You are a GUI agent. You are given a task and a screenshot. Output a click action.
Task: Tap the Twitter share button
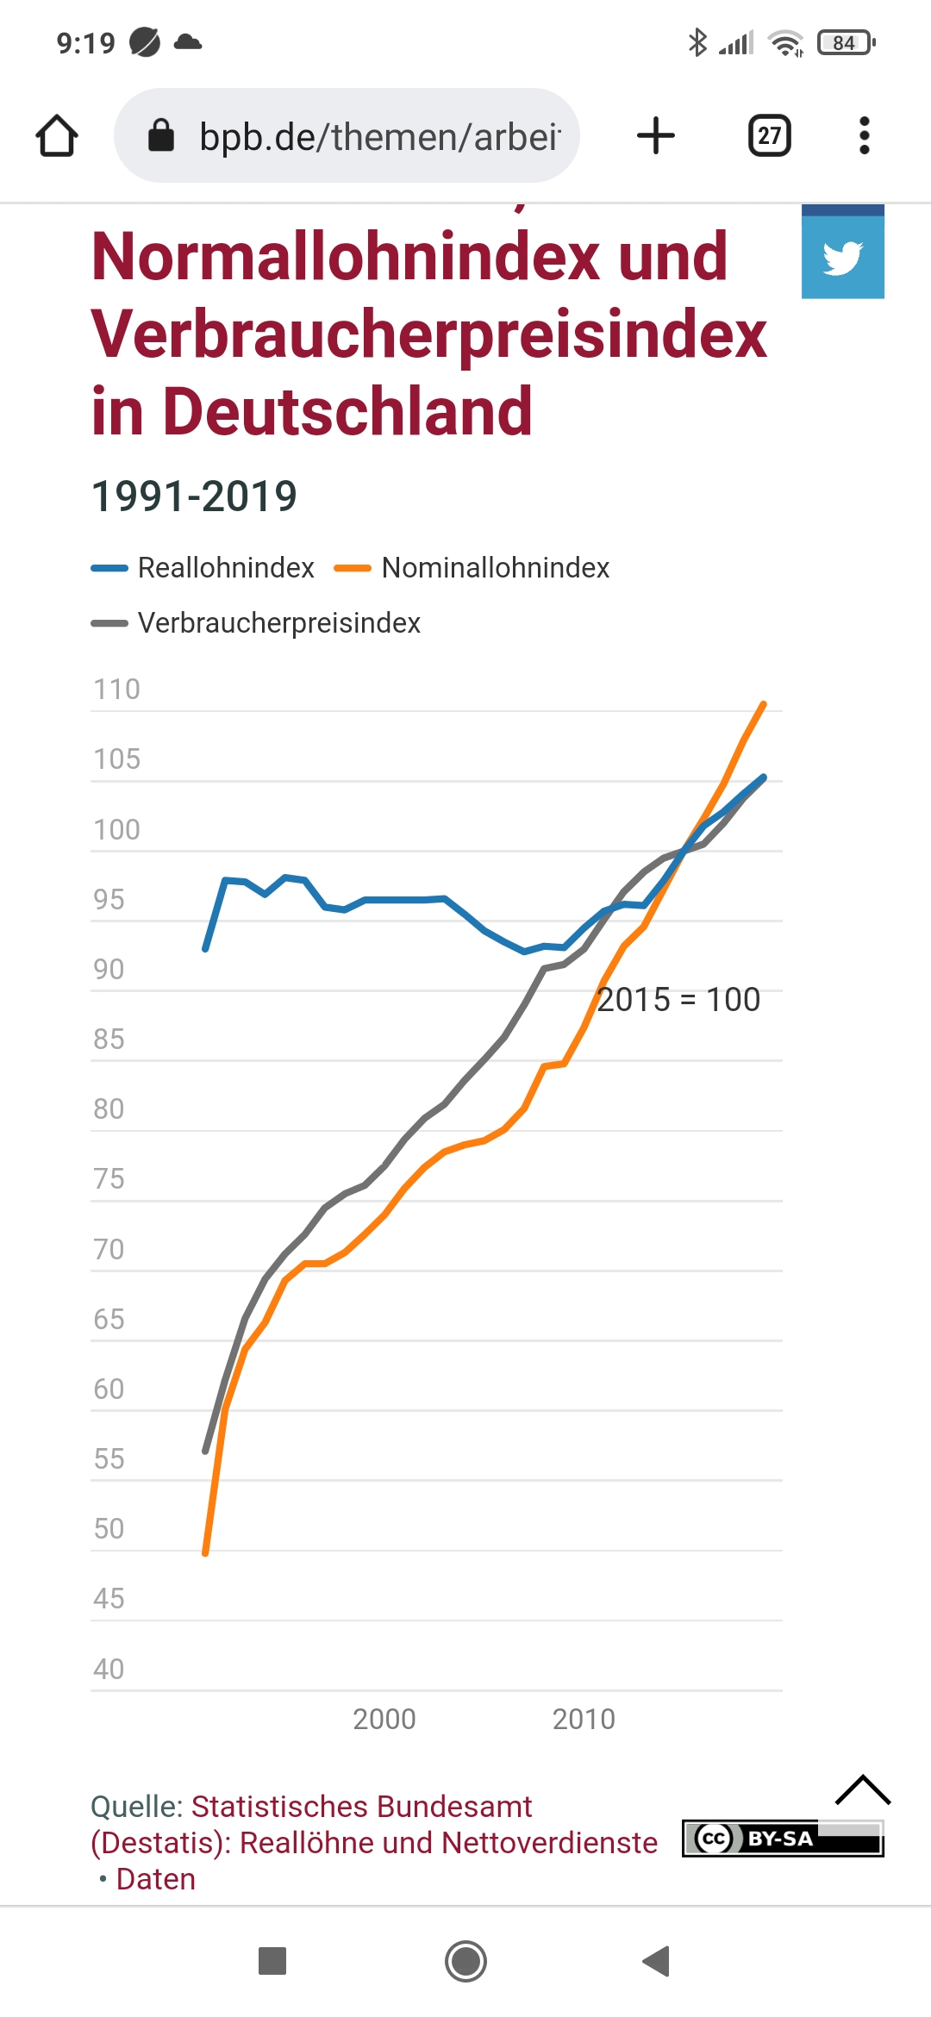(x=842, y=256)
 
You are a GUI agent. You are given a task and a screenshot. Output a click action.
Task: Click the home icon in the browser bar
(x=57, y=136)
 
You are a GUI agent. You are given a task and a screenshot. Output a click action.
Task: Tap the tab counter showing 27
(x=769, y=136)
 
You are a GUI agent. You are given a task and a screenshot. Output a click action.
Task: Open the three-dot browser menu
(x=864, y=136)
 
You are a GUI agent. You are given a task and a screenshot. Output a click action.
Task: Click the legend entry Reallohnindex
(x=225, y=568)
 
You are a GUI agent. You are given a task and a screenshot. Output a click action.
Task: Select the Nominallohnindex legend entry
(x=495, y=568)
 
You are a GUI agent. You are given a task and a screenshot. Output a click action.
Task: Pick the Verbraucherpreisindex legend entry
(x=278, y=623)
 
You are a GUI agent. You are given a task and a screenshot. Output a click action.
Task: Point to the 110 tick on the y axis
(x=116, y=690)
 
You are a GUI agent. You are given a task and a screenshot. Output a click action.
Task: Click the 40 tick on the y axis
(x=109, y=1669)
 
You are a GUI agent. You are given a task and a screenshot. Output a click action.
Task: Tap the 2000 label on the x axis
(x=384, y=1719)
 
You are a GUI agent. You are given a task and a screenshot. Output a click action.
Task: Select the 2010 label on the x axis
(x=584, y=1719)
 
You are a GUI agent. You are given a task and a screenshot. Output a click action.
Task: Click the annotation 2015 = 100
(x=678, y=1000)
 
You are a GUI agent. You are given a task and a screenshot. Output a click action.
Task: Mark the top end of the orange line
(x=764, y=704)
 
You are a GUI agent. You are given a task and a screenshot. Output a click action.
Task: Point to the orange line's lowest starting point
(x=205, y=1553)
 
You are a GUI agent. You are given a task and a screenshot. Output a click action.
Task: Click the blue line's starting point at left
(x=205, y=949)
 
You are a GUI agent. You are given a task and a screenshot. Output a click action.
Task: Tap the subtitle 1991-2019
(x=195, y=496)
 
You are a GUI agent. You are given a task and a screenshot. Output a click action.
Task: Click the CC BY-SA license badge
(x=782, y=1839)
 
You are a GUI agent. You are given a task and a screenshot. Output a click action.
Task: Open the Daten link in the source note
(x=156, y=1879)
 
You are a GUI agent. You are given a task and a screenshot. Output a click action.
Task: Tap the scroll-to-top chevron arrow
(x=863, y=1790)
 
